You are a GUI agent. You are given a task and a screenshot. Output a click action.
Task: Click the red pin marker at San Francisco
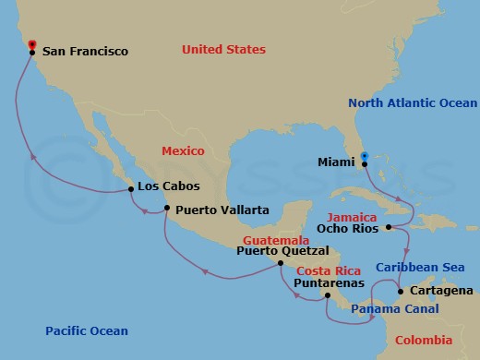(x=32, y=43)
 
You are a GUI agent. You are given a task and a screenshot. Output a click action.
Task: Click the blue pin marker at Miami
(x=364, y=156)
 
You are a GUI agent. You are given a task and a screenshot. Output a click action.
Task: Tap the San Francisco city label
(x=83, y=53)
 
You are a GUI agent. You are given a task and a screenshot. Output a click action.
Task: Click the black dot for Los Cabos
(x=129, y=190)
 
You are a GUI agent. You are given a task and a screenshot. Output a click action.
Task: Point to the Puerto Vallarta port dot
(x=166, y=209)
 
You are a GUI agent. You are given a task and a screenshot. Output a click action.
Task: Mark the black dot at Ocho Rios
(x=390, y=226)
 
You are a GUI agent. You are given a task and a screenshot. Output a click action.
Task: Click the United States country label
(x=223, y=48)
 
